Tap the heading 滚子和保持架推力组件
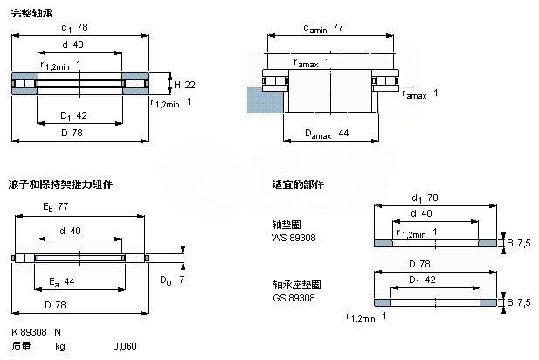[60, 184]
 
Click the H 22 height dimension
[183, 84]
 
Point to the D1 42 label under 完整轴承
[73, 114]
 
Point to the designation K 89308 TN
[37, 333]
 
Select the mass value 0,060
[125, 347]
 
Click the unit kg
[60, 347]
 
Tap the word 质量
[20, 347]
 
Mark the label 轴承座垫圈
[296, 286]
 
